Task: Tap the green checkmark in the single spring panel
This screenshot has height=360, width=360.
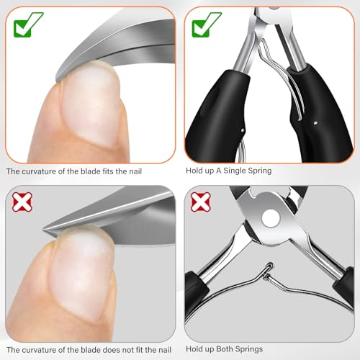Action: (x=204, y=26)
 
